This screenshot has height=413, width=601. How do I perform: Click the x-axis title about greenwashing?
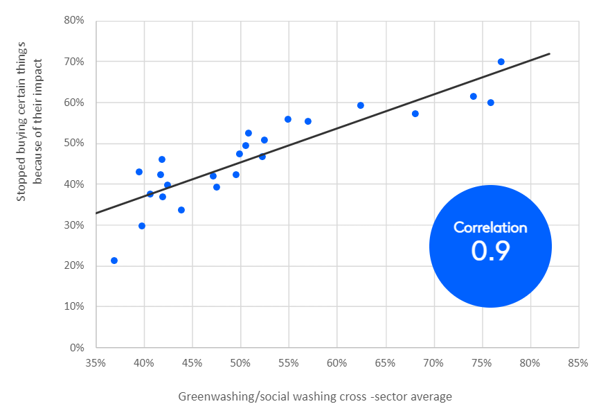click(315, 397)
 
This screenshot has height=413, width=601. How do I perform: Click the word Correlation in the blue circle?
click(490, 227)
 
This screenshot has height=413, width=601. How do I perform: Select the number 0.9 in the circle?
click(490, 252)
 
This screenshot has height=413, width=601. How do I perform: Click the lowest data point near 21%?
click(114, 261)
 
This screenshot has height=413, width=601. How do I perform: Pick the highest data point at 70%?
click(501, 62)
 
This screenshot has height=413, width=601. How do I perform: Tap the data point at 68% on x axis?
click(415, 114)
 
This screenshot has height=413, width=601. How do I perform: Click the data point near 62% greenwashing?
click(361, 105)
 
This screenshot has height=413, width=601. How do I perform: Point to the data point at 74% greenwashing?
click(474, 96)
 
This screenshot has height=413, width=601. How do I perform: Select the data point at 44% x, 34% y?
click(181, 210)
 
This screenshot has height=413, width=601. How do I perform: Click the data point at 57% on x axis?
click(308, 121)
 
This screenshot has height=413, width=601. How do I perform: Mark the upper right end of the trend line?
click(549, 53)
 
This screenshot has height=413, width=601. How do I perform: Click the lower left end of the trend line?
click(96, 213)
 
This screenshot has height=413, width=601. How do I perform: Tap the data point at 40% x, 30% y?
click(142, 226)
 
